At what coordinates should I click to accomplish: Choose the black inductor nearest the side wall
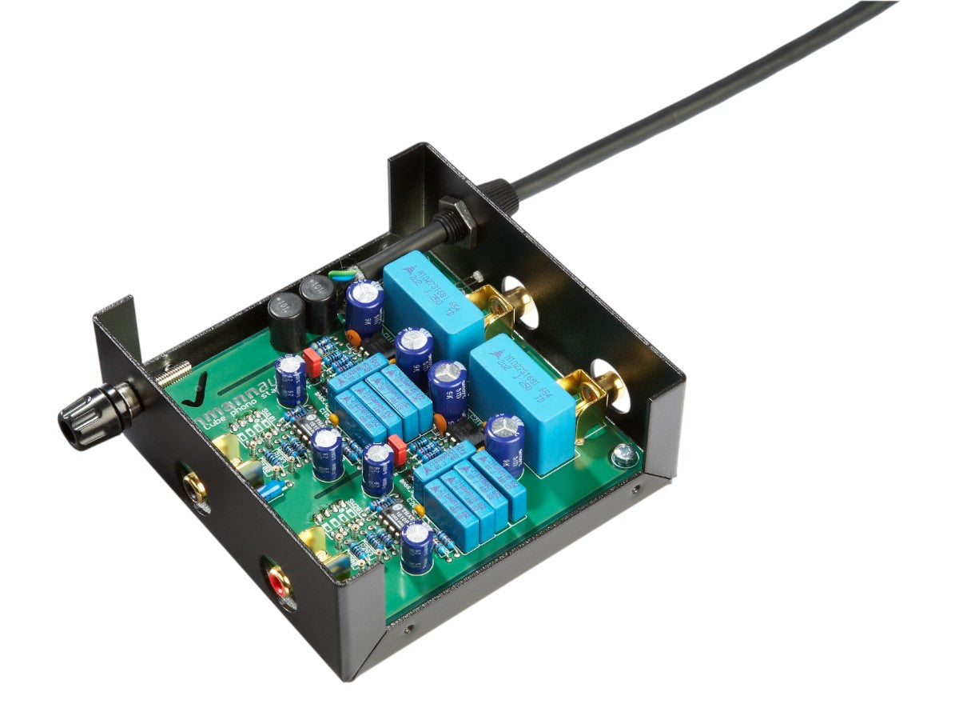(x=286, y=320)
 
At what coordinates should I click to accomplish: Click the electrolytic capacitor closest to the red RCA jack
(x=417, y=546)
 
